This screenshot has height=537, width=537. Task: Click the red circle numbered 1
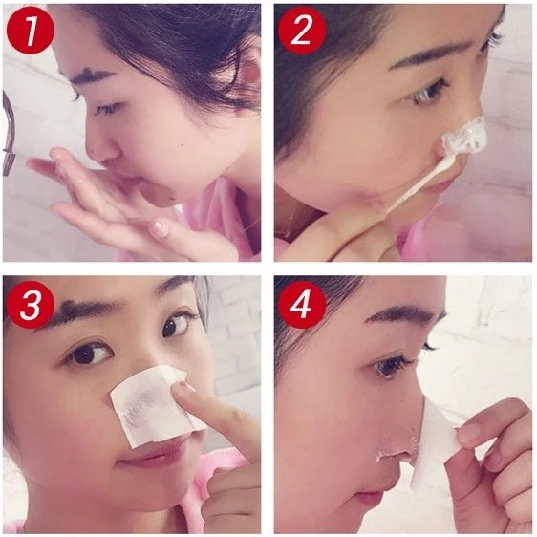pyautogui.click(x=31, y=32)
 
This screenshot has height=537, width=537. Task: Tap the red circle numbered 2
pyautogui.click(x=302, y=32)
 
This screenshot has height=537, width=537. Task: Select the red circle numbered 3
pyautogui.click(x=31, y=305)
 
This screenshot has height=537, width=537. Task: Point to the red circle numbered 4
pyautogui.click(x=302, y=305)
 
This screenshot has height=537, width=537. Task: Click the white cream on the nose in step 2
pyautogui.click(x=465, y=137)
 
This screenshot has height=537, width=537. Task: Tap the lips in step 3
pyautogui.click(x=151, y=457)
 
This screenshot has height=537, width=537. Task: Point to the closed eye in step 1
pyautogui.click(x=107, y=109)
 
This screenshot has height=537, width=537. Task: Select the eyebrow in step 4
pyautogui.click(x=404, y=313)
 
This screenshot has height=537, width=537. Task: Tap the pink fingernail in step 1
pyautogui.click(x=160, y=227)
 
